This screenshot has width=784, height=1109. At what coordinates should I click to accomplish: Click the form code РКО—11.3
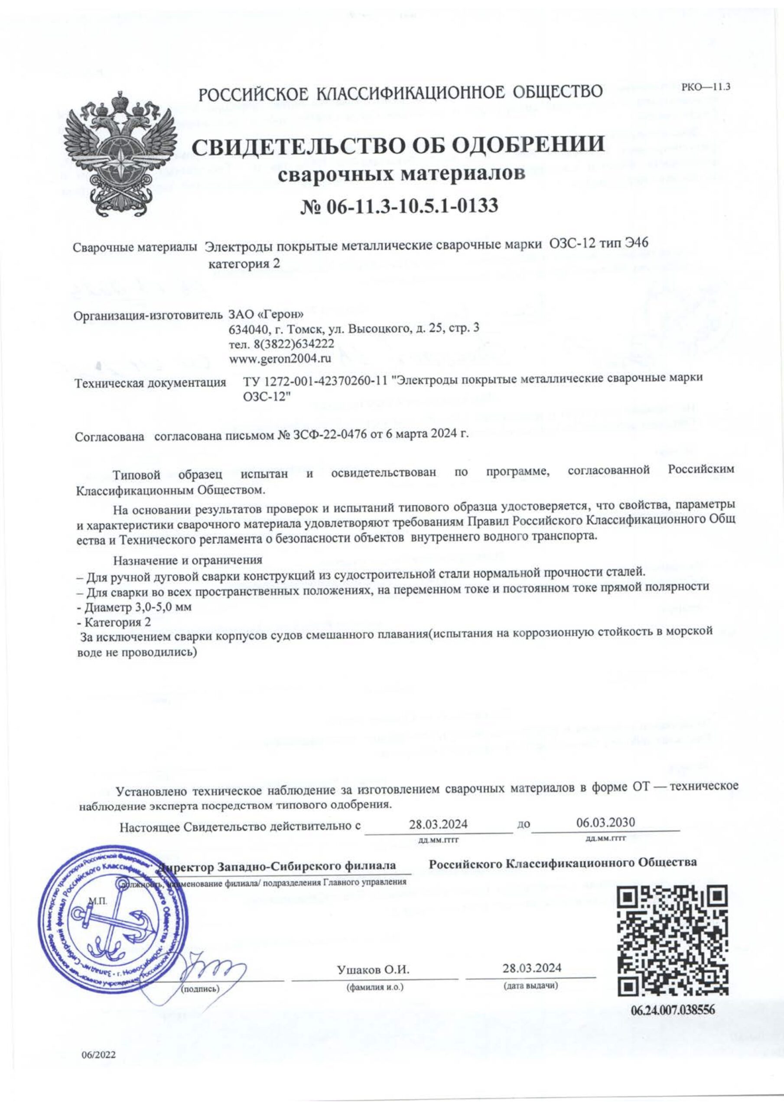click(705, 88)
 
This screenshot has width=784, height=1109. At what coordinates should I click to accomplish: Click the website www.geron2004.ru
click(273, 358)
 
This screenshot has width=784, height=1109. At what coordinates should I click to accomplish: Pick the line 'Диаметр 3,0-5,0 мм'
click(137, 607)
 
